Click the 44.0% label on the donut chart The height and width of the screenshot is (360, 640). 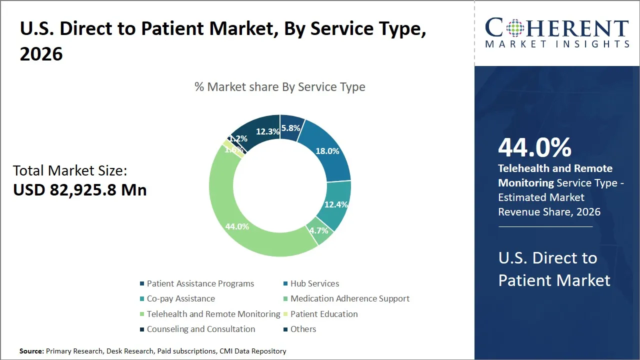pos(237,226)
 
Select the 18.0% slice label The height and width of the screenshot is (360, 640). pos(327,151)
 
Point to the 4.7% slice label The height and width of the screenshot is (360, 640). pos(318,230)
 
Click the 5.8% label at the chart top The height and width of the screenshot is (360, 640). pos(290,128)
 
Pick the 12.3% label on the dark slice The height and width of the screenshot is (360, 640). pos(267,131)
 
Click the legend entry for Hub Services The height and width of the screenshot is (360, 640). pos(314,283)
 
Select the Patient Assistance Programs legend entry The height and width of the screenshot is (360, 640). pos(200,283)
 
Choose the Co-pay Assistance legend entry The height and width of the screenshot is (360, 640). pos(180,298)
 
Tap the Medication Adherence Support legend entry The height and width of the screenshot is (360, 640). pos(349,298)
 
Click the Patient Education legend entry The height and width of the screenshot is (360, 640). pos(324,314)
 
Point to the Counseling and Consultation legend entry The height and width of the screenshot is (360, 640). pos(200,329)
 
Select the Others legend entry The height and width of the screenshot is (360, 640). pos(303,329)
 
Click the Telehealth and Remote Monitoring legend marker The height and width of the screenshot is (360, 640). pos(142,314)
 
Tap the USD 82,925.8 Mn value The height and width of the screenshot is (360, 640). pos(80,190)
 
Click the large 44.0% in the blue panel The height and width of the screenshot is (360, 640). pos(534,147)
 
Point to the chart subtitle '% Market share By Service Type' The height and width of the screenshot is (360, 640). pos(279,87)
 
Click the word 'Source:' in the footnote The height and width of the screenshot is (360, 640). pos(31,351)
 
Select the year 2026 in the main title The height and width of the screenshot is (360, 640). pos(41,54)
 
